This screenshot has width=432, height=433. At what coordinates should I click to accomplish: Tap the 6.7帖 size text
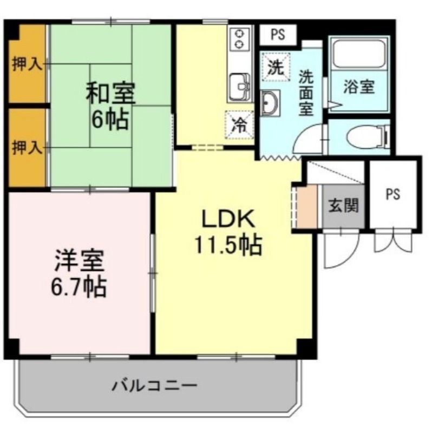78,287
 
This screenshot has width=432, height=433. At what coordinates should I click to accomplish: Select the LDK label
228,219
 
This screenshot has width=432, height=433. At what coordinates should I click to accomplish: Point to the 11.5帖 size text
228,245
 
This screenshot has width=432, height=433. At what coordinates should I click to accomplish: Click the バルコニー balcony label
155,385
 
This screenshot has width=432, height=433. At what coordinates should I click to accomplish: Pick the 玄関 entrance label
343,206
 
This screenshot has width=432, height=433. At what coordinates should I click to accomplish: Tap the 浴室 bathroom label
359,87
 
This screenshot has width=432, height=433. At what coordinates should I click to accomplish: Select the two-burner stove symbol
239,39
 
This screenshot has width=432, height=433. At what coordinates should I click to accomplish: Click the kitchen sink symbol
240,87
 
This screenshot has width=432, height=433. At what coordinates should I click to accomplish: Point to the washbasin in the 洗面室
270,103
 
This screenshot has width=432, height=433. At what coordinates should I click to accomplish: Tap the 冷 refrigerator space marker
239,125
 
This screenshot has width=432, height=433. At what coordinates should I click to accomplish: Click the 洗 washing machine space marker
276,67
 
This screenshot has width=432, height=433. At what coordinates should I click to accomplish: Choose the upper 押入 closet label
27,65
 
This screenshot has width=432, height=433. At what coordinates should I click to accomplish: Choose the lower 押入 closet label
27,148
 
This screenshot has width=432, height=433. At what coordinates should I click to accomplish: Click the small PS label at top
278,35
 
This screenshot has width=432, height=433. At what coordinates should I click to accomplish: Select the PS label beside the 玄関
393,194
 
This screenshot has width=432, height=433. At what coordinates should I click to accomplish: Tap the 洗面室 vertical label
306,93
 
